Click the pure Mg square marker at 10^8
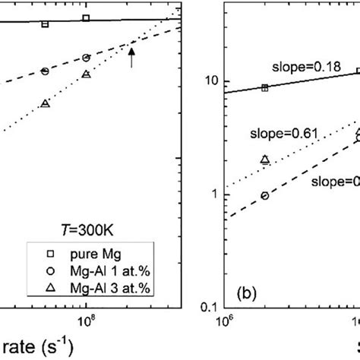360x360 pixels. [x=86, y=17]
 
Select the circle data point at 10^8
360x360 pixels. [x=86, y=58]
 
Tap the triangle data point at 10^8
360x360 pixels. [x=86, y=74]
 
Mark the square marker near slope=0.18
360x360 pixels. [x=264, y=88]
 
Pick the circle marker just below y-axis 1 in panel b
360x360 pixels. [x=264, y=195]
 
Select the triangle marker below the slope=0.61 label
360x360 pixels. [x=264, y=159]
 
